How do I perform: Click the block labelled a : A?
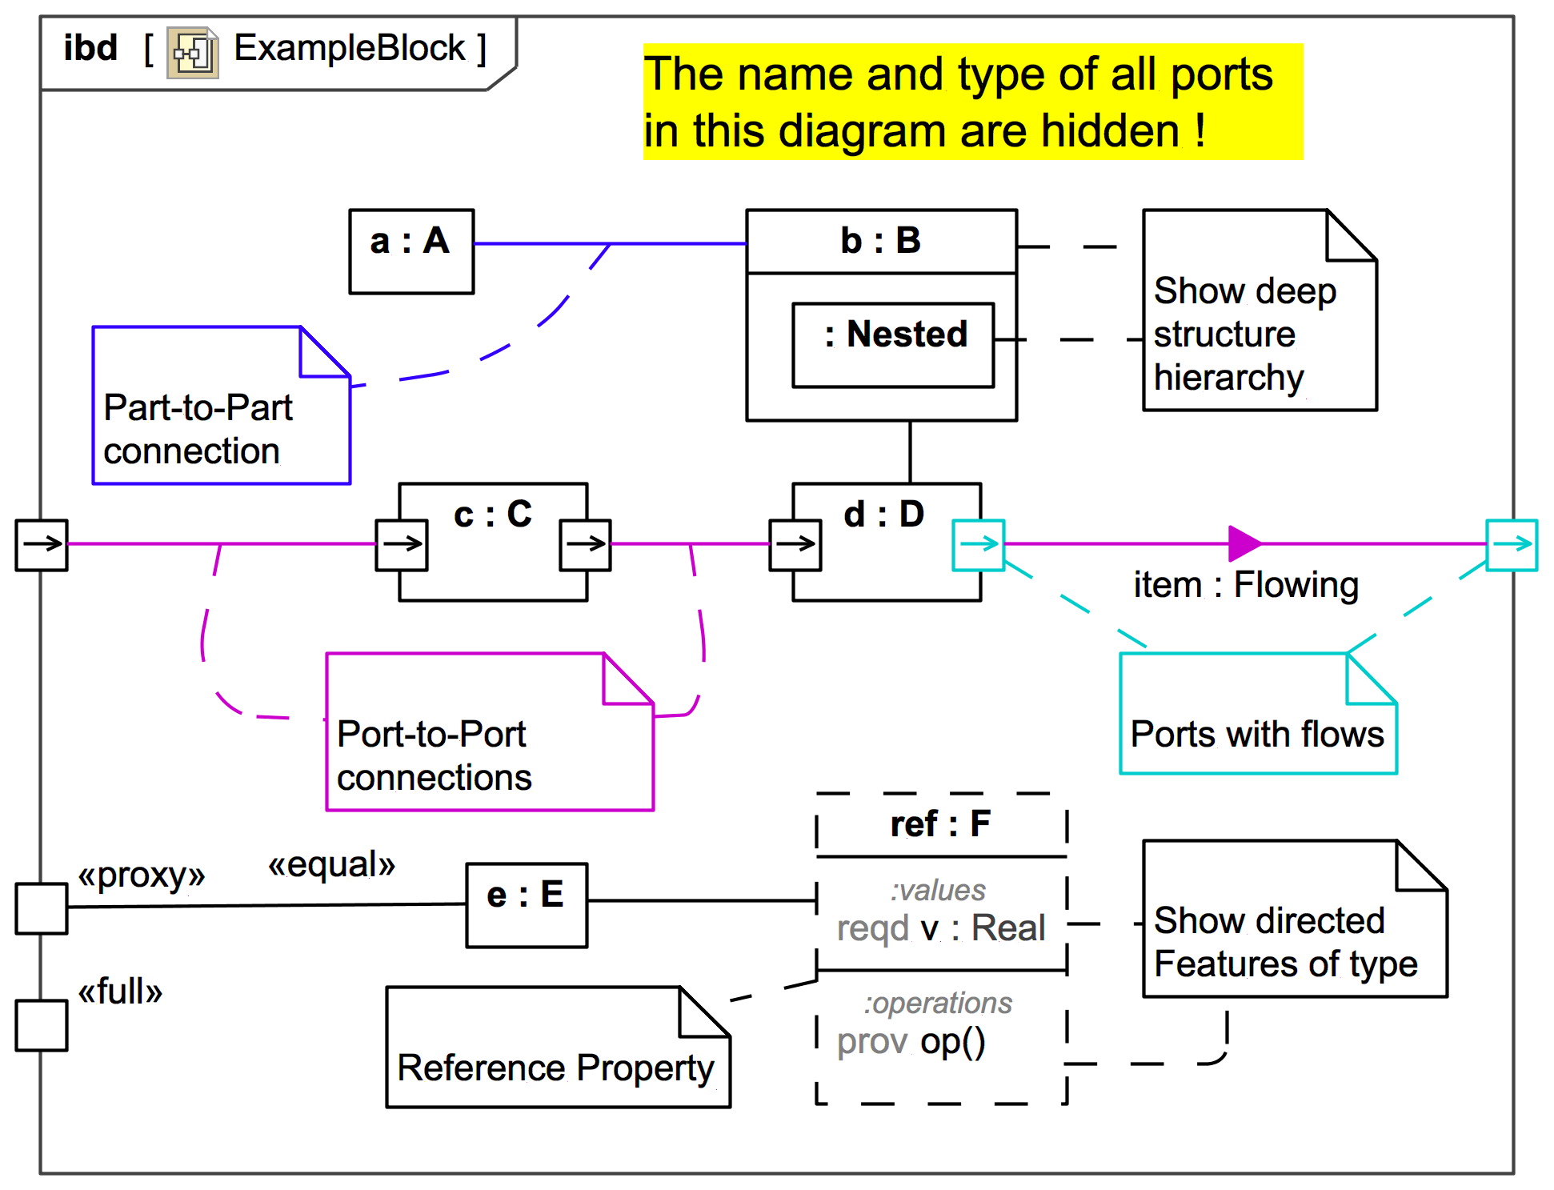pos(411,251)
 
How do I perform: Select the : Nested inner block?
pos(893,345)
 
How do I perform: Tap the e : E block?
pos(527,904)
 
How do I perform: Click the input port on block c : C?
pos(402,545)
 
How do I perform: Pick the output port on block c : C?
pos(586,545)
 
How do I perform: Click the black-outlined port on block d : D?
pos(795,545)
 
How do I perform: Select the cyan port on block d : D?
pos(978,545)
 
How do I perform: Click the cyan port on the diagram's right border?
pos(1512,545)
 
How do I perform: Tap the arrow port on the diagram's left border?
pos(42,545)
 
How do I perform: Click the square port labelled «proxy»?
pos(42,908)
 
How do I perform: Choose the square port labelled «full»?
pos(42,1024)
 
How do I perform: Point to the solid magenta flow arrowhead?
pos(1244,543)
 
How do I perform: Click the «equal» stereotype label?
pos(332,865)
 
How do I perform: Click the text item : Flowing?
pos(1246,585)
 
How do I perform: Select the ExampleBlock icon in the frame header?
pos(192,53)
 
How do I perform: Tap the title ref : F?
pos(940,824)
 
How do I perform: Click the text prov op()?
pos(911,1041)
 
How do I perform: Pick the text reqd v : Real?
pos(941,928)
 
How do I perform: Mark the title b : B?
pos(880,241)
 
